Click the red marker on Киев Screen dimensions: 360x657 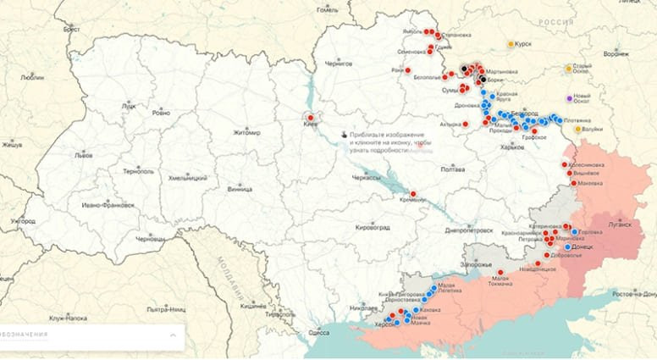311,118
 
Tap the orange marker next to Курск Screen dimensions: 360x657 511,44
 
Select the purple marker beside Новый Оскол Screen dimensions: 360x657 569,97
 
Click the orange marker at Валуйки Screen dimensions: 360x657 578,129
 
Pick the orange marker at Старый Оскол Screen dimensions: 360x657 569,69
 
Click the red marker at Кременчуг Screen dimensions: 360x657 412,194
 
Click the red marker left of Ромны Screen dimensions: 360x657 407,70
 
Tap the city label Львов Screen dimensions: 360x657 84,156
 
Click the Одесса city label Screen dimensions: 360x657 318,333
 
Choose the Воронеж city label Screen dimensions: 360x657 616,53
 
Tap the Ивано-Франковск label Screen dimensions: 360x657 108,205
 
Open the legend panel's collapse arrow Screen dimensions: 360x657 172,335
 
